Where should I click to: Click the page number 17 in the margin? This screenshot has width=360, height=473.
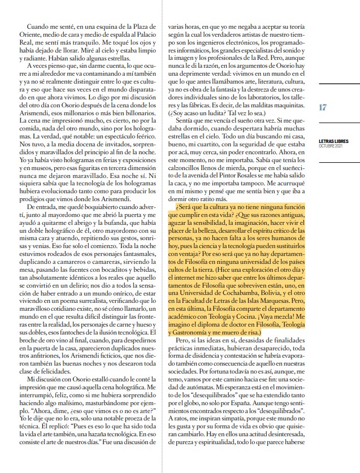323,107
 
